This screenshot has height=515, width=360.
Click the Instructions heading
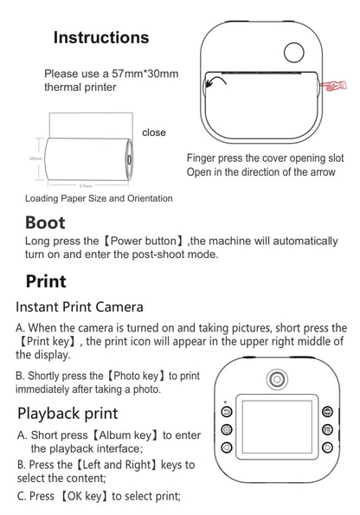click(100, 37)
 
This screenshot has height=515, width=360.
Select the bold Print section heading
click(45, 280)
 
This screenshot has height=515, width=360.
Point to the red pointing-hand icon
click(332, 85)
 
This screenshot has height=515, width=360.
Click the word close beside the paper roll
click(154, 132)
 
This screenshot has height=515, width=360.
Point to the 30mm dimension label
click(35, 159)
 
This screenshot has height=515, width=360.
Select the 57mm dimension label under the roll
click(86, 184)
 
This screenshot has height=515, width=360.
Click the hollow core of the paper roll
click(129, 159)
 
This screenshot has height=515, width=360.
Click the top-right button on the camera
click(327, 412)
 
